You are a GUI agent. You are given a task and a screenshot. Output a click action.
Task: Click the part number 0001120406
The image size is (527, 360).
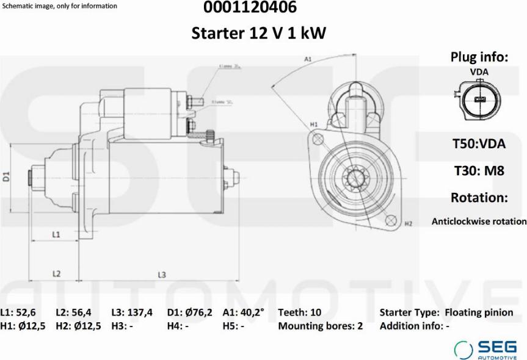pos(259,8)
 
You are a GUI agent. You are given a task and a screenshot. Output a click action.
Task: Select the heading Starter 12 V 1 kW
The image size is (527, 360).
pos(259,33)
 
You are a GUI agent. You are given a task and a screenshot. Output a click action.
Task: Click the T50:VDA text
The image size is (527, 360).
pos(478,144)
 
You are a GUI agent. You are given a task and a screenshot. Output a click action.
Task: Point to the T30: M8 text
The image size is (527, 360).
pos(478,171)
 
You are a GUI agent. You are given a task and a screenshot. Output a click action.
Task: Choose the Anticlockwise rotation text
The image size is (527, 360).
pos(479,221)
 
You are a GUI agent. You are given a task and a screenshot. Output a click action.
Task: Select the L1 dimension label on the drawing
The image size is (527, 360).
pos(56,234)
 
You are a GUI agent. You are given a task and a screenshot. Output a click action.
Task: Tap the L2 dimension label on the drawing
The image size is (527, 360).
pos(56,274)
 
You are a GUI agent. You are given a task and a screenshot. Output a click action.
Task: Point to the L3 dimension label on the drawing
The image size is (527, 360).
pos(162,275)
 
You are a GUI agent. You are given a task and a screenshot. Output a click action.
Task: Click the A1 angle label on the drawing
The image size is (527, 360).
pos(308,59)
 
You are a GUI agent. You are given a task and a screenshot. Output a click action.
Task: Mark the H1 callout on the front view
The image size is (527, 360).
pos(314,124)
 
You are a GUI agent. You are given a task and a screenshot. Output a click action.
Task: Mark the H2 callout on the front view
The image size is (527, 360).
pos(409,224)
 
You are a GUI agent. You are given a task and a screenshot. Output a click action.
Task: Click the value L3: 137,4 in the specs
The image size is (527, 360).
pos(132,312)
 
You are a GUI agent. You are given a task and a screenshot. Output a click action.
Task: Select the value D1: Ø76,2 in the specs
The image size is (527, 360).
pos(189,312)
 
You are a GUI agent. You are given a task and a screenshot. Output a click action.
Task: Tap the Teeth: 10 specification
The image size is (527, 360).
pos(299,312)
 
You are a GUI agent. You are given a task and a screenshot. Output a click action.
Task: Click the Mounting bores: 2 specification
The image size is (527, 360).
pos(320,326)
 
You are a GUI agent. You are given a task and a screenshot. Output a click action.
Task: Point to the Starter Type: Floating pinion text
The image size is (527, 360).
pos(446,312)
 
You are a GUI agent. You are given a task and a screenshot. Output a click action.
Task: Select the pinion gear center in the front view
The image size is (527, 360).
pos(355,178)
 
